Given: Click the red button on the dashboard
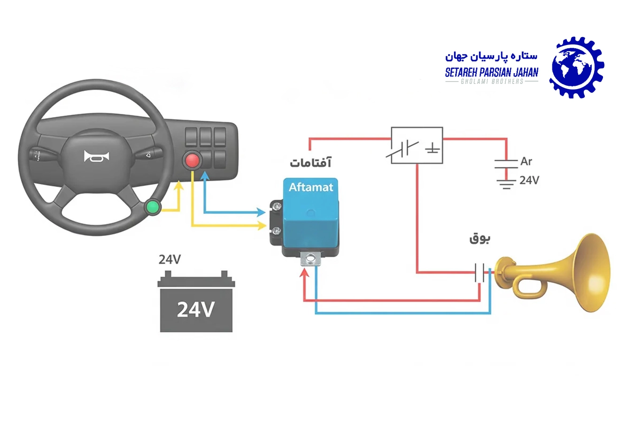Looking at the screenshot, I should point(192,160).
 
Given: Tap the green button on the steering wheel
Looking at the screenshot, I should point(152,207).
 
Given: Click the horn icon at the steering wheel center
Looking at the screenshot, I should point(96,157).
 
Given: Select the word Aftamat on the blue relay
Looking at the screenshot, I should point(310,188).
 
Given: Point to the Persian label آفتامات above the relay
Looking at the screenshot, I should point(310,163).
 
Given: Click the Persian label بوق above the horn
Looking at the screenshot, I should point(479,239).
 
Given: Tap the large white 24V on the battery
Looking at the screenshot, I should point(196,309).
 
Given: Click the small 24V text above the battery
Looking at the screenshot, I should point(170,259).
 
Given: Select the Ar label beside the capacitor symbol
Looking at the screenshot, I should point(526,161).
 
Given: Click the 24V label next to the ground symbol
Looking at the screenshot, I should point(529,181).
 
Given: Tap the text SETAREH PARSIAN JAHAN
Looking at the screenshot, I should point(491,72).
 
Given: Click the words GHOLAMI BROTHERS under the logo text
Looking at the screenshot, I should point(492,82).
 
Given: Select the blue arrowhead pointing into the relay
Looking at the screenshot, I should point(262,212).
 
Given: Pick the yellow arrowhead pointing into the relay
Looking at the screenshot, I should point(262,226).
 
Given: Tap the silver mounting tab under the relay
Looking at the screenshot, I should point(310,258).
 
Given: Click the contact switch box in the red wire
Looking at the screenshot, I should point(417,145).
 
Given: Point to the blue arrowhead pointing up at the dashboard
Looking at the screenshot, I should point(204,176).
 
